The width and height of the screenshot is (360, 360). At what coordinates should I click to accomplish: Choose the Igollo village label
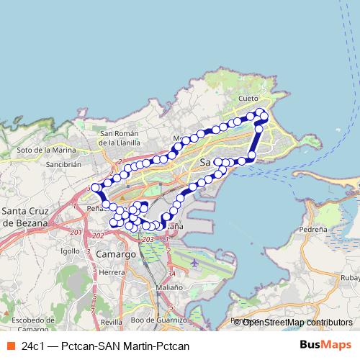pos(71,251)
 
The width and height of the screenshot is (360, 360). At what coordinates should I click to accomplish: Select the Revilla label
pos(112,321)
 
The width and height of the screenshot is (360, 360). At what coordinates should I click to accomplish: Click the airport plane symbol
pos(194,263)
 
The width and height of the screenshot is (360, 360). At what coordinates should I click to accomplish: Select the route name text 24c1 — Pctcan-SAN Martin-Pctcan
pos(105,346)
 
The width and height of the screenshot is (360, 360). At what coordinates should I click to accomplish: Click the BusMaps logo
pos(325,346)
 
